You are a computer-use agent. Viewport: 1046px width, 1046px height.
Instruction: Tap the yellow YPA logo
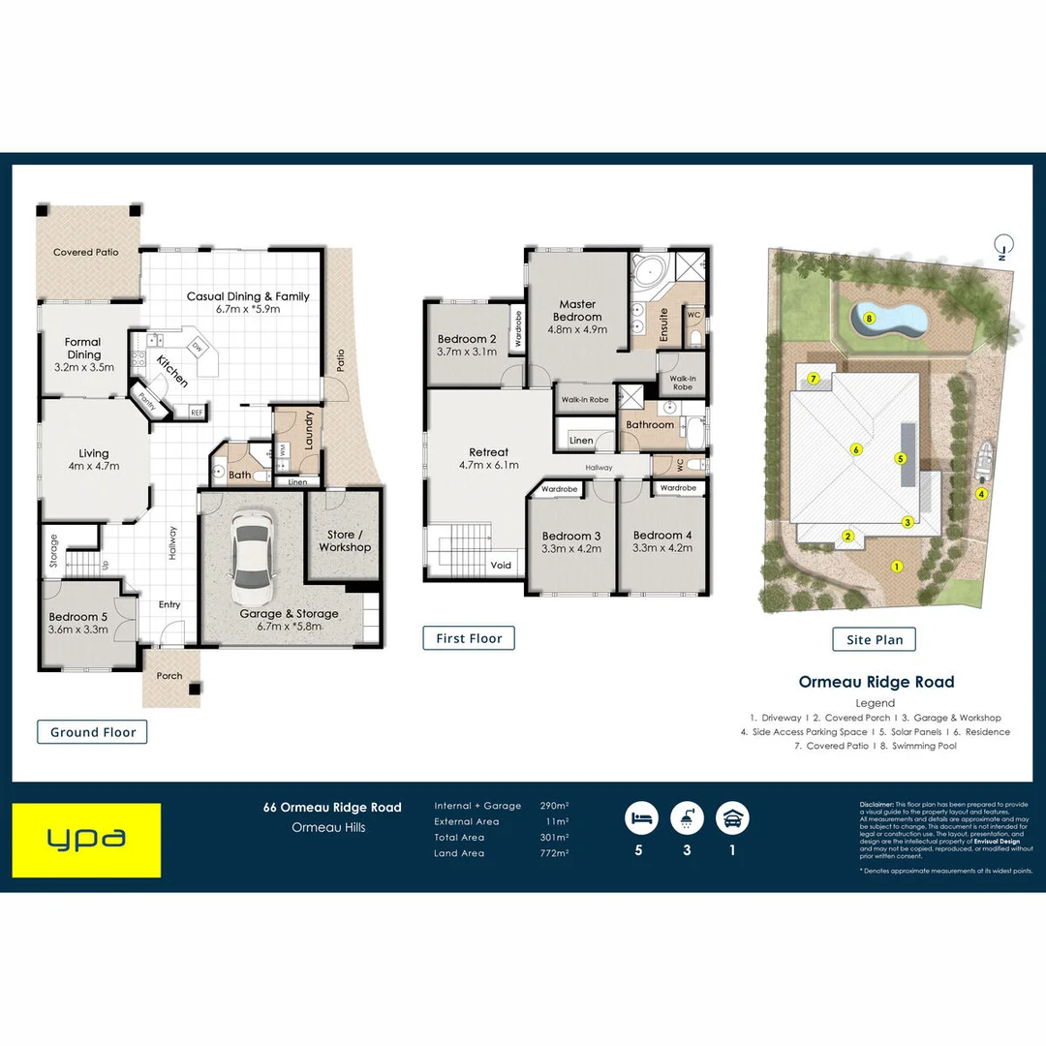[86, 840]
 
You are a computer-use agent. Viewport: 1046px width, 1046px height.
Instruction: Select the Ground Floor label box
[93, 732]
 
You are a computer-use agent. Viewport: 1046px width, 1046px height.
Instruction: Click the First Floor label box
[469, 638]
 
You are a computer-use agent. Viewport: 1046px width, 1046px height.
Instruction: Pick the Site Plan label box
[875, 639]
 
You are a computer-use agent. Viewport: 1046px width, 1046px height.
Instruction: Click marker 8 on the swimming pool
[869, 318]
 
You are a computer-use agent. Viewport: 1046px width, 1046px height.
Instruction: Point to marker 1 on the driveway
[897, 567]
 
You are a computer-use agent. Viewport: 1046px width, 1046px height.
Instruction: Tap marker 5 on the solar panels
[900, 459]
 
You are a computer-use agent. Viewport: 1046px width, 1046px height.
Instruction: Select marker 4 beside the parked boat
[981, 494]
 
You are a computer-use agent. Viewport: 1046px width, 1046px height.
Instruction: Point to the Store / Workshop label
[345, 540]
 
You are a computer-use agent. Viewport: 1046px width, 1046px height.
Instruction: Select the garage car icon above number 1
[732, 817]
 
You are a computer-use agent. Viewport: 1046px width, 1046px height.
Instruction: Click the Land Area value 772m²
[554, 853]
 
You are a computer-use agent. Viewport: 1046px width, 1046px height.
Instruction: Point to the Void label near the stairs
[501, 565]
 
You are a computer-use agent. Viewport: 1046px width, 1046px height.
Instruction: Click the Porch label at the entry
[169, 676]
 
